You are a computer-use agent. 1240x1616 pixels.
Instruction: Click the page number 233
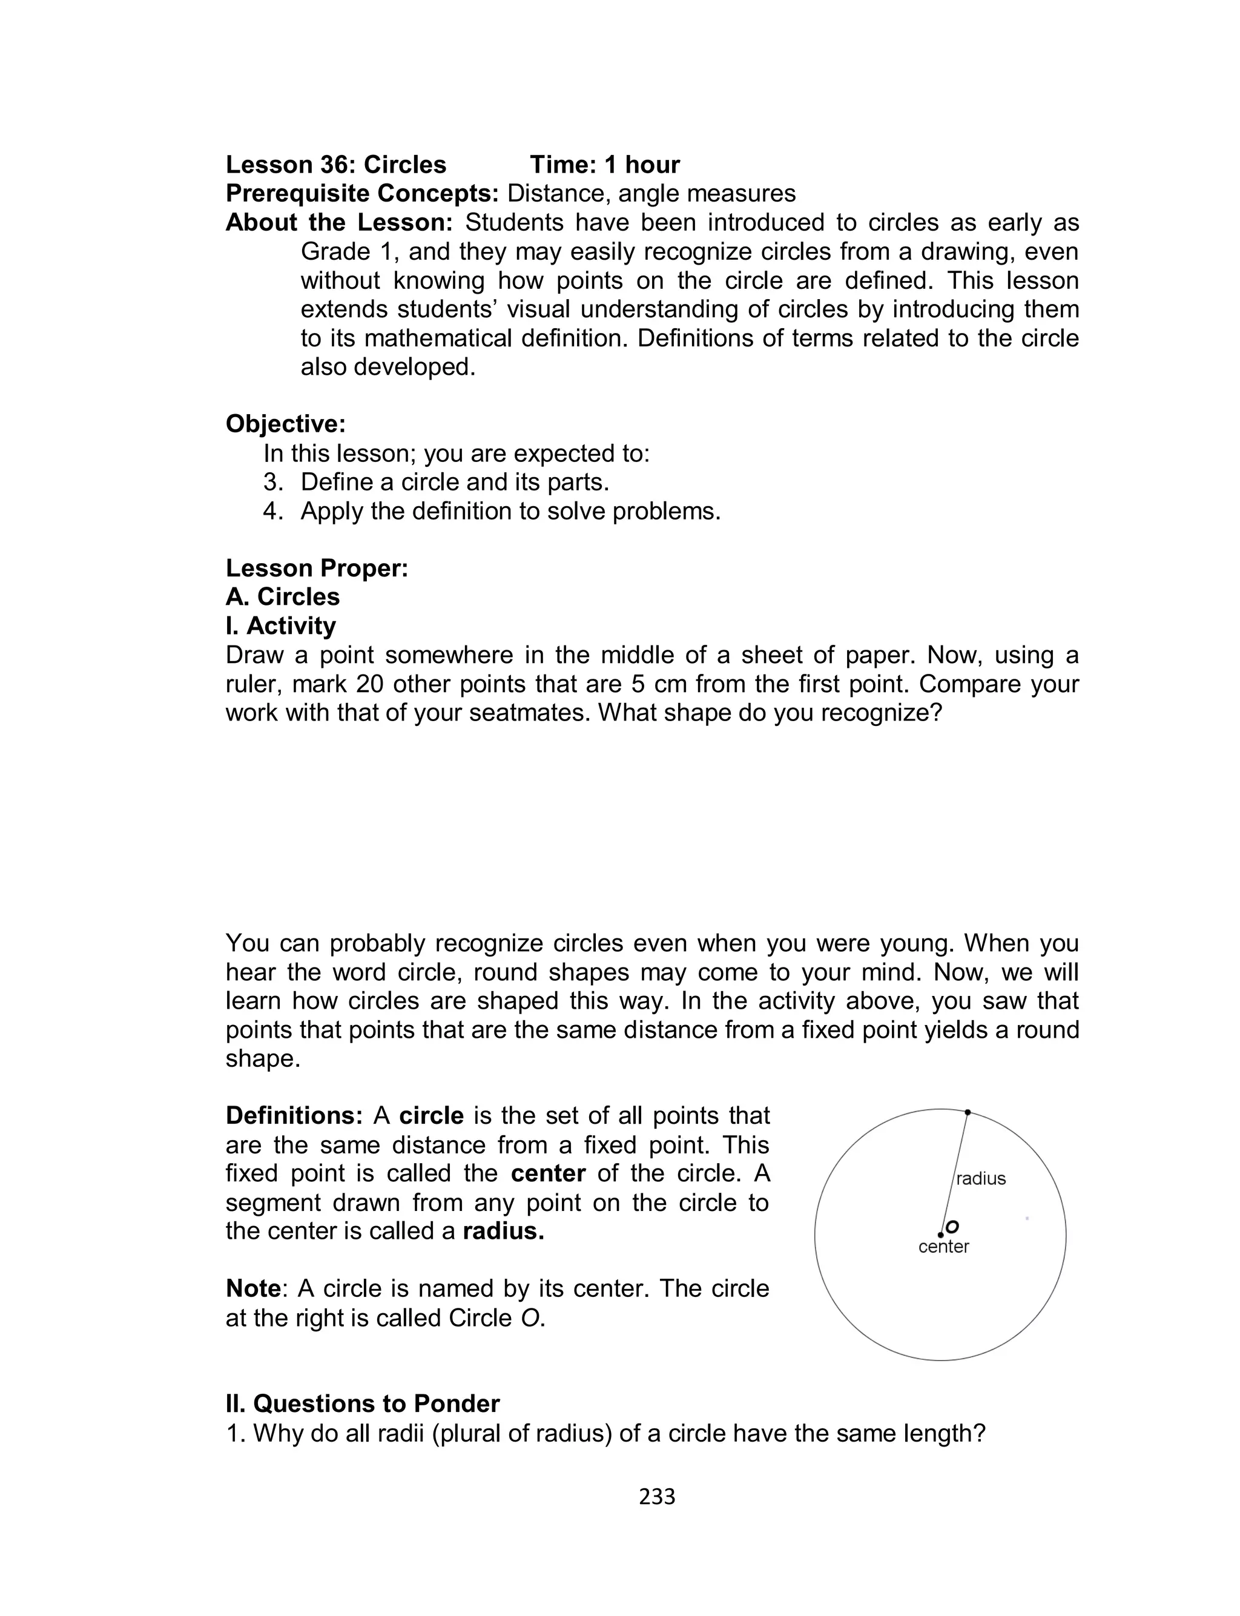tap(657, 1496)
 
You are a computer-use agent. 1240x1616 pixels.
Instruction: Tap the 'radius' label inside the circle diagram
tap(981, 1178)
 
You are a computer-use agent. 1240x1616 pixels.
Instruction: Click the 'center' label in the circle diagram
tap(943, 1246)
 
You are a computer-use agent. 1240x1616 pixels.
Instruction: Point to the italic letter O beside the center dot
tap(952, 1227)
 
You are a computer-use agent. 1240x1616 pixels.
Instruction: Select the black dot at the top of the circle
tap(968, 1112)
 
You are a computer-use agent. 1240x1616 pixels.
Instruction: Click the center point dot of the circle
tap(940, 1235)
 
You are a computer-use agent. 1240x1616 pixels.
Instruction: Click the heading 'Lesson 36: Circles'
tap(336, 164)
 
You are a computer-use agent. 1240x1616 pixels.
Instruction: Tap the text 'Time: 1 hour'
tap(604, 164)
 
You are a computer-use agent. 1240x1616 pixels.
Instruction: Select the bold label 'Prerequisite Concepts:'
tap(363, 193)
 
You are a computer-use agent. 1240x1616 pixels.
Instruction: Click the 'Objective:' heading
tap(286, 424)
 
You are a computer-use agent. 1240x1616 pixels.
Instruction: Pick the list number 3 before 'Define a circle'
tap(272, 482)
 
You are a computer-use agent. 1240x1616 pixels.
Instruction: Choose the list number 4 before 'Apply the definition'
tap(272, 510)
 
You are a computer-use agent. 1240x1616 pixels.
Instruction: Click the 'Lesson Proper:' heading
tap(317, 568)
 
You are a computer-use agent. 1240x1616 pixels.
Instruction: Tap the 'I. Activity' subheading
tap(280, 625)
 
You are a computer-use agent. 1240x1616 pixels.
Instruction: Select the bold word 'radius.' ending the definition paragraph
tap(503, 1231)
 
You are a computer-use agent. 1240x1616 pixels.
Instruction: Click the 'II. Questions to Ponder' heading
tap(363, 1403)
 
